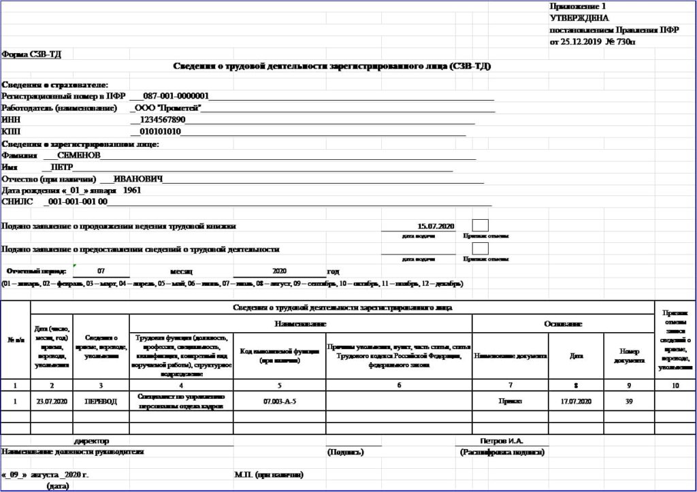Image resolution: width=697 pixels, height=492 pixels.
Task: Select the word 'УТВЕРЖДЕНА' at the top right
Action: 579,18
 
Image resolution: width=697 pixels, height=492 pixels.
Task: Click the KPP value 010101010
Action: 160,131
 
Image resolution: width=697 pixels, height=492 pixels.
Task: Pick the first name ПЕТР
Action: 57,167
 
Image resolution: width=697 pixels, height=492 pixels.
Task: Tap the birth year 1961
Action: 133,191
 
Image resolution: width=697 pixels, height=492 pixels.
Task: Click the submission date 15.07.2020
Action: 436,226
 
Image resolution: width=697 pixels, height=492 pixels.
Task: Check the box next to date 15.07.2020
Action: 480,225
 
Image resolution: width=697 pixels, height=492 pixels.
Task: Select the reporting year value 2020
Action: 281,270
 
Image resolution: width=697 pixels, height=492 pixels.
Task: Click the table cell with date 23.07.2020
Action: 52,401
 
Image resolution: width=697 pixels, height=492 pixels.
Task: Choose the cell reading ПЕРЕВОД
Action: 101,401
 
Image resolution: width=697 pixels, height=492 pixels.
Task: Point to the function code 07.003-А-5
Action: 279,401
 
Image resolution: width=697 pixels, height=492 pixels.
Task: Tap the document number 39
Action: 629,401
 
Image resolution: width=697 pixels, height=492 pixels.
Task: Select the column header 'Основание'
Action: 563,324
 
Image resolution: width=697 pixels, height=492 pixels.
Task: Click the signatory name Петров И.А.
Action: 502,441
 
